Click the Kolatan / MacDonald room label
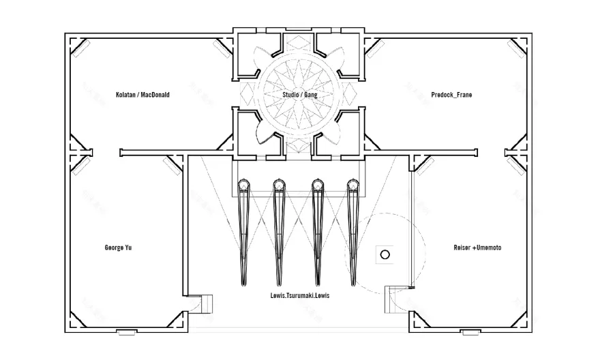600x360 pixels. tap(142, 95)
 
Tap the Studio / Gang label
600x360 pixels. tap(300, 95)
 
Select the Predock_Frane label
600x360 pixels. tap(451, 95)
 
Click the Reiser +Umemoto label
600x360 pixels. tap(477, 247)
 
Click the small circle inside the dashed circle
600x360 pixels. tap(384, 254)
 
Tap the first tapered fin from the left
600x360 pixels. tap(244, 232)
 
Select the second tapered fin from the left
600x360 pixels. tap(280, 232)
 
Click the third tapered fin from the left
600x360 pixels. tap(316, 232)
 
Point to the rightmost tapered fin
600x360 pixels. tap(352, 232)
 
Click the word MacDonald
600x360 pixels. tap(154, 95)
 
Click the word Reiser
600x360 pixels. tap(462, 247)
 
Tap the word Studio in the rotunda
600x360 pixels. tap(292, 95)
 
